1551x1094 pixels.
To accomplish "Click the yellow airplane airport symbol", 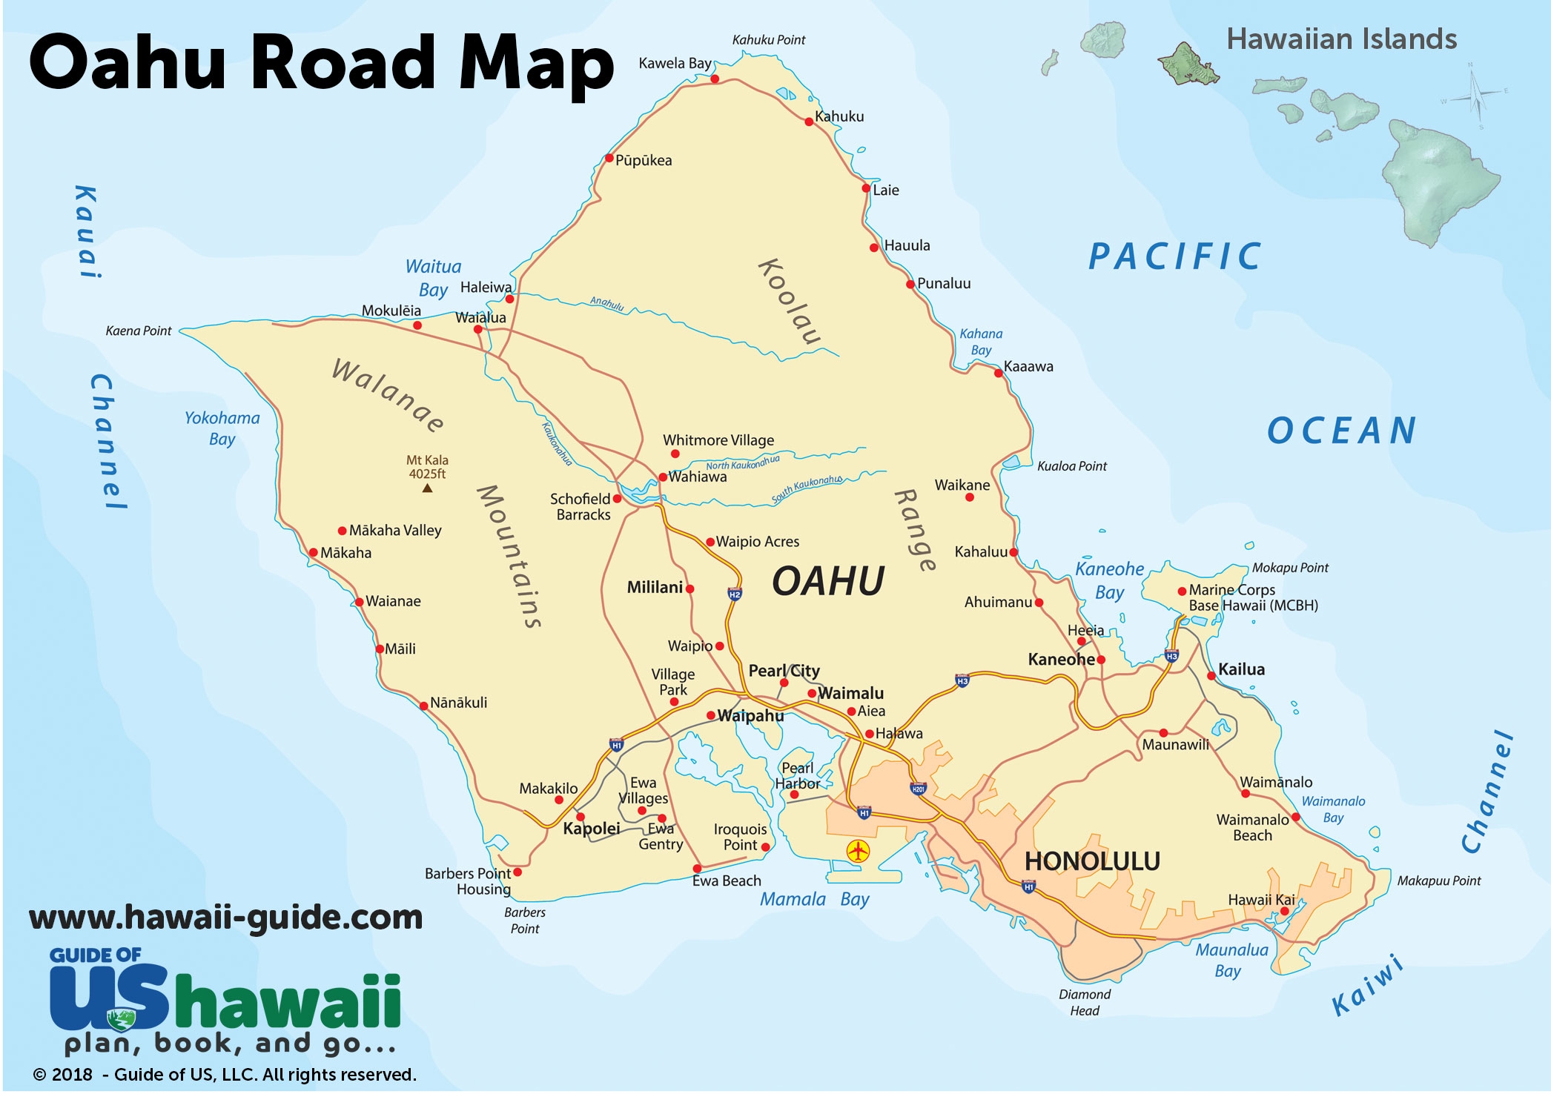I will [858, 851].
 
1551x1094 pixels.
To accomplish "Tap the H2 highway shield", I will [734, 594].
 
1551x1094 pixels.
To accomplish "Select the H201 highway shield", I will [918, 789].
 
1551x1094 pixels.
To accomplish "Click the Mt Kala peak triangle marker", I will [427, 488].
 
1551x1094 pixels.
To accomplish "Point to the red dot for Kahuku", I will [809, 122].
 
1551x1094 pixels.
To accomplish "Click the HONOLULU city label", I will [1091, 861].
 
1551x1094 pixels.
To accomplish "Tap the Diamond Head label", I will [1084, 1002].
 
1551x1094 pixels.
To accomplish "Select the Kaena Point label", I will [139, 331].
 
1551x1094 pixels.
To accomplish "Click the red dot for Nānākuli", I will [424, 706].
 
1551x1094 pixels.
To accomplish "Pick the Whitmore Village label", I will [718, 440].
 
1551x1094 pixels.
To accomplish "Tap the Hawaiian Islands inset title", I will [1340, 39].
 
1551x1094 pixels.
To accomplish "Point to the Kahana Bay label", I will [980, 342].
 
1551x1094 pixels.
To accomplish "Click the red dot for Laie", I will [866, 188].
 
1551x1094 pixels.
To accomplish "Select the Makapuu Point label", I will [1438, 881].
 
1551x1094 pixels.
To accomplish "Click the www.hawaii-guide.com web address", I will [225, 918].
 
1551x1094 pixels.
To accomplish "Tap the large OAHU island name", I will [828, 581].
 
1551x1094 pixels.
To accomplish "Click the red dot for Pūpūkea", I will [609, 158].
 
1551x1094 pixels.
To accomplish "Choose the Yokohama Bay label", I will [222, 428].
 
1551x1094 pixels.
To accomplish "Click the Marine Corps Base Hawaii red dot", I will [1182, 591].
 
